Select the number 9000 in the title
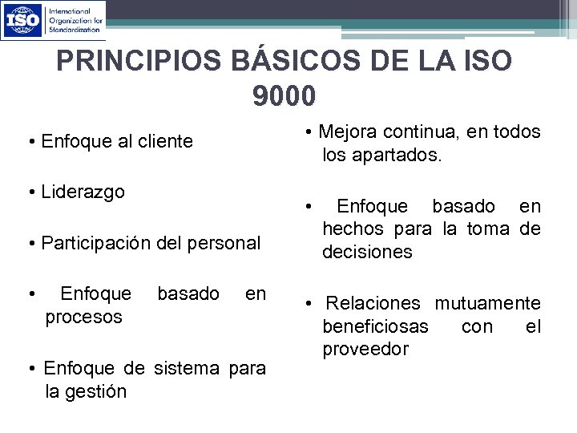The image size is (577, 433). [x=284, y=97]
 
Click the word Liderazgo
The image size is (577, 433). [x=83, y=192]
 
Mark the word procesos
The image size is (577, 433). [x=83, y=317]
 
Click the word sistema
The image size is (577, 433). [x=185, y=368]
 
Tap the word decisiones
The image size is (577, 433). [x=367, y=253]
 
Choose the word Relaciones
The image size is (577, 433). [x=373, y=303]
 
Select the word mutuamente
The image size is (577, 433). [x=487, y=303]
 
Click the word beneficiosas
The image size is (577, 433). [x=375, y=326]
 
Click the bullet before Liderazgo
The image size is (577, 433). [x=30, y=192]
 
